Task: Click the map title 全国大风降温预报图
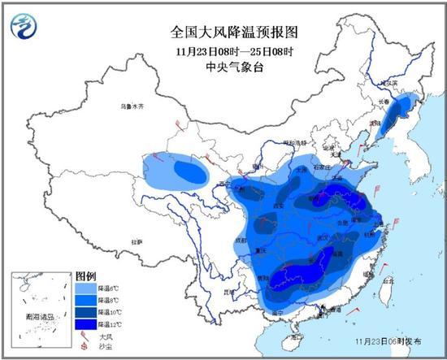[223, 32]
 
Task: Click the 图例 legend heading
[86, 277]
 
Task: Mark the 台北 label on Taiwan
[388, 280]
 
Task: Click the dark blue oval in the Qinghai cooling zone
[192, 171]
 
